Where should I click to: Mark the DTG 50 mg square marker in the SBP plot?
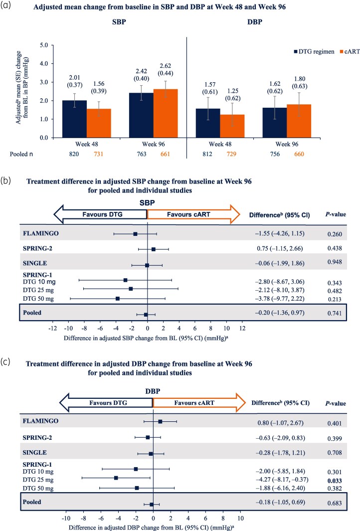(118, 299)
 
